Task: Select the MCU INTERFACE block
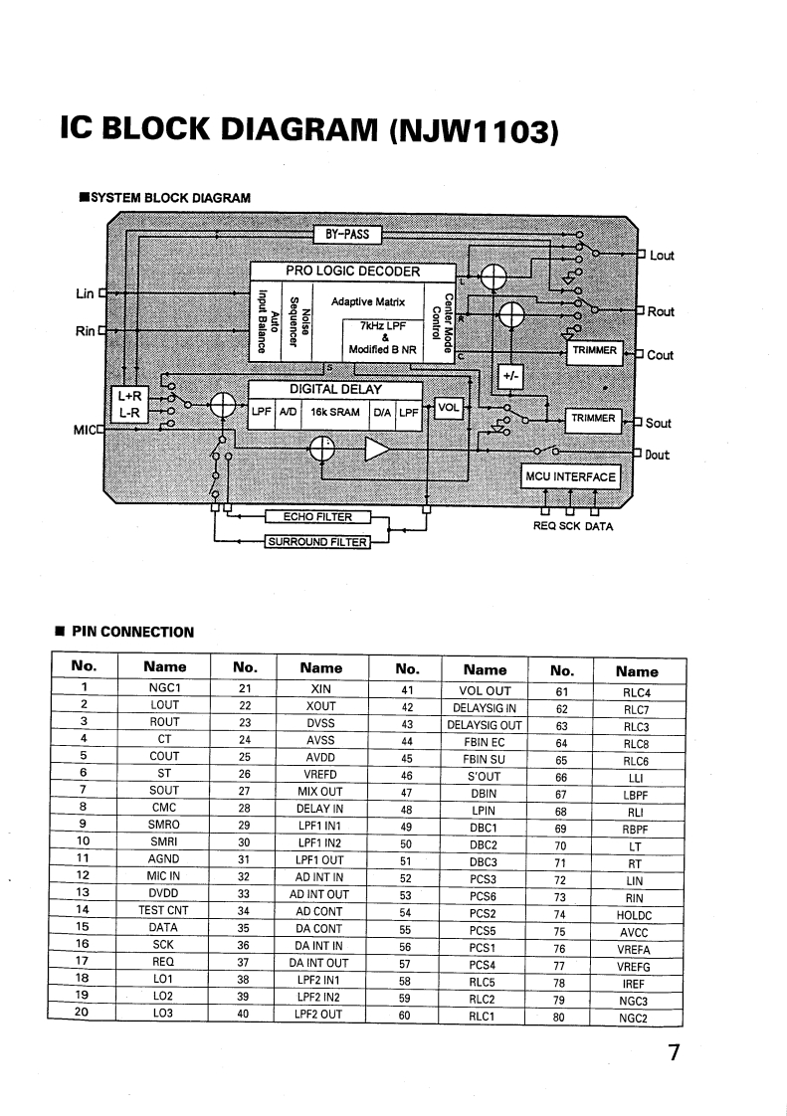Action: pos(570,476)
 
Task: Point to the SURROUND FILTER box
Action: pos(316,542)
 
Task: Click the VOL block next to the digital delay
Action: pos(450,407)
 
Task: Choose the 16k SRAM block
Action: pos(335,412)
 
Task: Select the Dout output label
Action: pos(657,456)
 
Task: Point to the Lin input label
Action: pos(85,293)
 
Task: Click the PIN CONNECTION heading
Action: pos(132,632)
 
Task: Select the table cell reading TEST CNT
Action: pos(163,910)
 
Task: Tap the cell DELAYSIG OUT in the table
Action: pos(487,724)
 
